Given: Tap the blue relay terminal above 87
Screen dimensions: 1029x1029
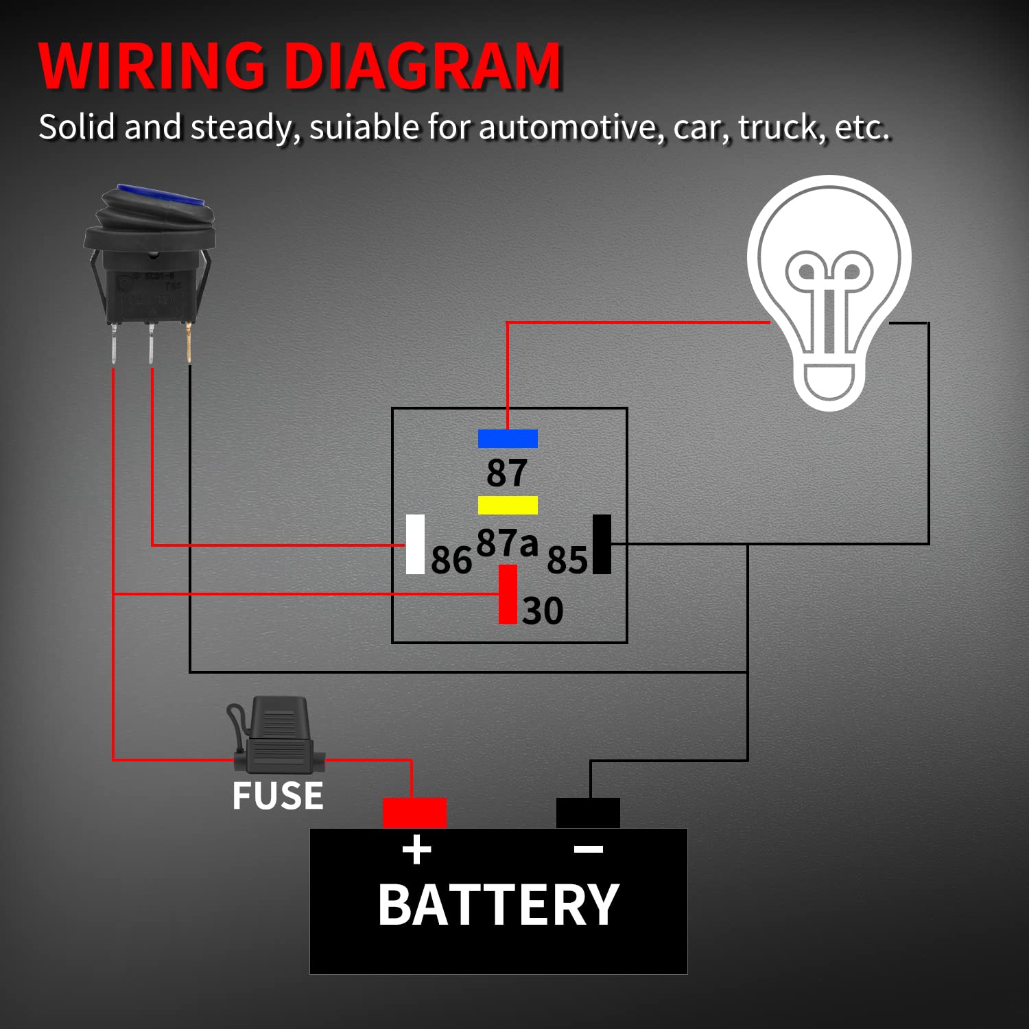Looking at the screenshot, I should click(508, 438).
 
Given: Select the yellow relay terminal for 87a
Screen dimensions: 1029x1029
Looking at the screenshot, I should click(508, 505).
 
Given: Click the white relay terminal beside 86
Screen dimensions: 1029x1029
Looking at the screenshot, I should click(415, 544).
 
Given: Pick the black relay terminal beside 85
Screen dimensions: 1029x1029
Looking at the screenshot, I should click(602, 544).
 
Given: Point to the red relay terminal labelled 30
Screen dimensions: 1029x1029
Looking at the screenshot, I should click(508, 594).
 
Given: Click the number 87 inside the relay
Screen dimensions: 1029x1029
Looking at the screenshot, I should click(507, 473).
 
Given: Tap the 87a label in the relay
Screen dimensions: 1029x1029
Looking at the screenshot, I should click(507, 543).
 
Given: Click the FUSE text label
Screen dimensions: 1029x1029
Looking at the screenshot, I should click(277, 796).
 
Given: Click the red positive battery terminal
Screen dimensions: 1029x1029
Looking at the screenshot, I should click(414, 812).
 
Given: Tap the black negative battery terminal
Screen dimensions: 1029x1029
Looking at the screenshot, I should click(588, 812).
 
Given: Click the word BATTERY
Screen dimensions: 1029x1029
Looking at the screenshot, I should click(499, 906).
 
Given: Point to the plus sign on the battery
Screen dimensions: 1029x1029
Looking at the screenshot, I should click(416, 851).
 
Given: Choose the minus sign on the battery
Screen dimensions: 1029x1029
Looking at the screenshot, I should click(588, 850).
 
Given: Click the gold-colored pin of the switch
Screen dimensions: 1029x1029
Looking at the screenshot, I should click(189, 343).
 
